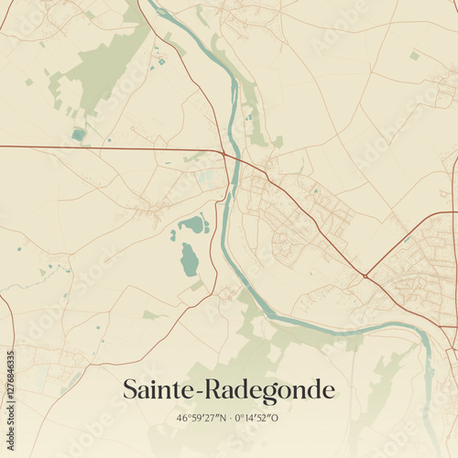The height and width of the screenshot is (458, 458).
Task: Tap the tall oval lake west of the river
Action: click(x=190, y=259)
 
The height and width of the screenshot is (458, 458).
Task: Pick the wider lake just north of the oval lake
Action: click(x=195, y=224)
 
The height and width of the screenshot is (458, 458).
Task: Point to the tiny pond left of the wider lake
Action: click(x=173, y=235)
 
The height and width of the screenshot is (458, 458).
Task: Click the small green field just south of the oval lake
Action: click(x=197, y=286)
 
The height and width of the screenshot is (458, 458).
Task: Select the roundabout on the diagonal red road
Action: click(x=365, y=275)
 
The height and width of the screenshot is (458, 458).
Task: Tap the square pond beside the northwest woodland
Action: click(x=79, y=135)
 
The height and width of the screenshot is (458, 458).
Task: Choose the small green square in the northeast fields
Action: click(x=415, y=56)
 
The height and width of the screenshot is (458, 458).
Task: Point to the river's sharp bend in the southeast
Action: click(x=424, y=334)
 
